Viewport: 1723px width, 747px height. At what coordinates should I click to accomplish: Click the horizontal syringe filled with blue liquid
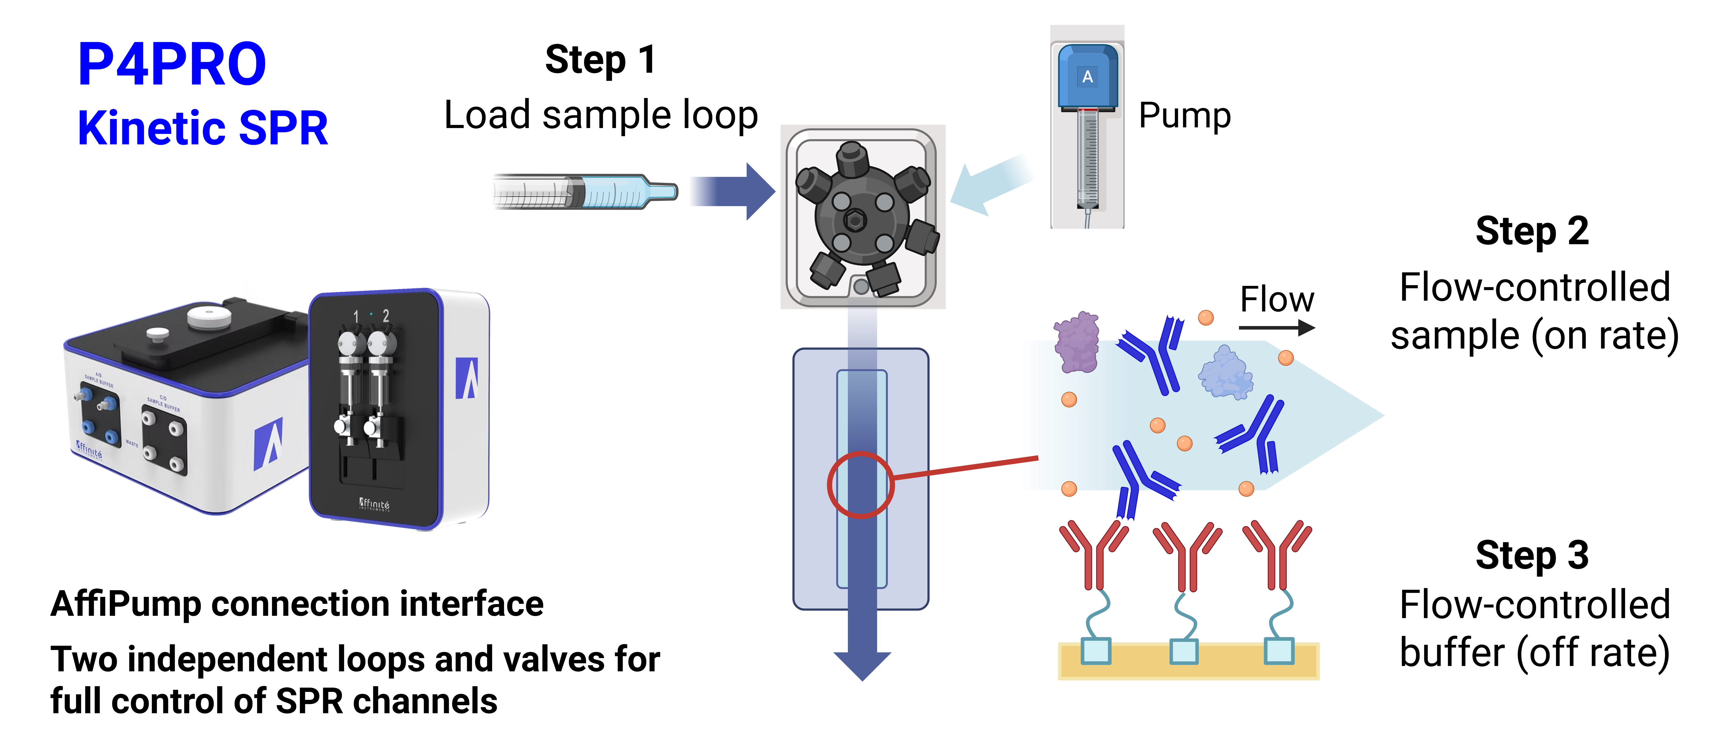(x=582, y=192)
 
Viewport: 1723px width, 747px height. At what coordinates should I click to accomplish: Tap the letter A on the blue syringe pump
(x=1088, y=77)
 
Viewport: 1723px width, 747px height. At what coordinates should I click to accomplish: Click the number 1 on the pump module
(x=356, y=316)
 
